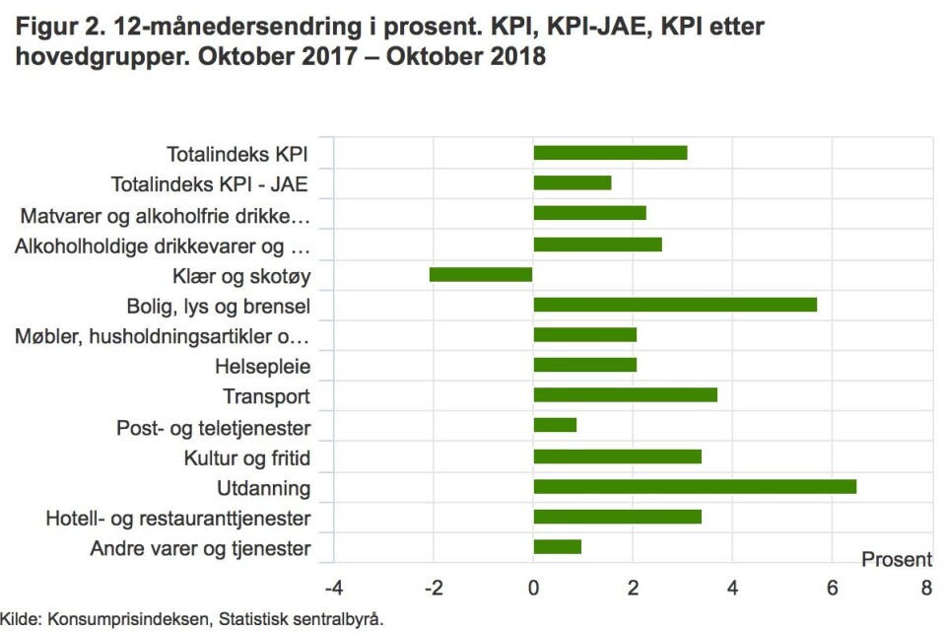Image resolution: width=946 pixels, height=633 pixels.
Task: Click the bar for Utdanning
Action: tap(695, 486)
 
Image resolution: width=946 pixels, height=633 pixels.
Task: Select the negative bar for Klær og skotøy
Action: tap(481, 274)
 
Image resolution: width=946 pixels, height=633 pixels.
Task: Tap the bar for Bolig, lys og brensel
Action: tap(675, 304)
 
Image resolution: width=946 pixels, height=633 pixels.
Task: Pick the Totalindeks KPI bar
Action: tap(610, 153)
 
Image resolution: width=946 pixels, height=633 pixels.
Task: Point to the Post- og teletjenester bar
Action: tap(555, 425)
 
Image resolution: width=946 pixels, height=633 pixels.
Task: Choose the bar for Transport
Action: tap(625, 395)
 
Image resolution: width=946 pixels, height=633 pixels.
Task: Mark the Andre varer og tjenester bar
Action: tap(557, 547)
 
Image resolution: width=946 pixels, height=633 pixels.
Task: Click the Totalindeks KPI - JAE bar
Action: tap(572, 182)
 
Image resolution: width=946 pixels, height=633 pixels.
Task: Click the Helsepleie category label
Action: tap(262, 367)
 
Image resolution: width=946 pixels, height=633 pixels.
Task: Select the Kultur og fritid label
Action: tap(246, 457)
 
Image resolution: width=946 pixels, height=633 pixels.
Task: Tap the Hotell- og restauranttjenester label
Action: tap(178, 519)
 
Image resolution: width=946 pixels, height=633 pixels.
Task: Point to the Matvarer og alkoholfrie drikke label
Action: tap(166, 215)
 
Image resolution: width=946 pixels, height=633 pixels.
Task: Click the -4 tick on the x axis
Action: tap(334, 590)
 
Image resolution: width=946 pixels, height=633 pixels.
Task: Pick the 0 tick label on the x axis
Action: tap(533, 590)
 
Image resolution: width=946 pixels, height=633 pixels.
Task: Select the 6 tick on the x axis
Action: tap(832, 590)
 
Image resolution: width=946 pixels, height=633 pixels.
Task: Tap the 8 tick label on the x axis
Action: tap(926, 590)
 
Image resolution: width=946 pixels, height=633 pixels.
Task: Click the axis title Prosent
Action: tap(897, 560)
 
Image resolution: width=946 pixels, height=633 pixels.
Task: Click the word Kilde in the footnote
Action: tap(18, 620)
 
